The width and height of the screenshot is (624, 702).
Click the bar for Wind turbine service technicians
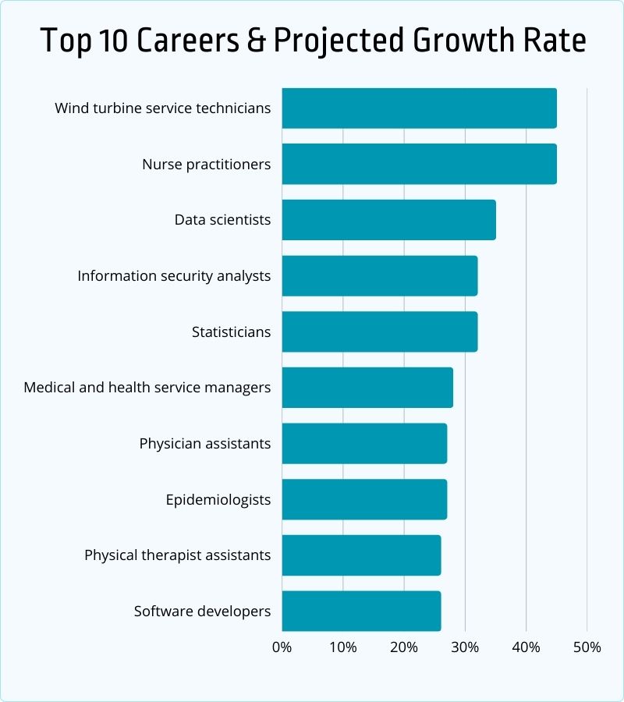click(x=419, y=108)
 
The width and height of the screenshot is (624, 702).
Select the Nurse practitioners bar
click(x=419, y=164)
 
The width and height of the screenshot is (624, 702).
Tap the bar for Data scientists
click(x=388, y=220)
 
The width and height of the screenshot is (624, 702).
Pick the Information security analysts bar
click(x=379, y=275)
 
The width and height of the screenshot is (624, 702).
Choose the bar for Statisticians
click(x=379, y=331)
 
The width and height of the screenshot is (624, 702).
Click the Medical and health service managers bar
click(x=367, y=388)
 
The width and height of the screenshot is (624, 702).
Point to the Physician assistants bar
click(x=364, y=443)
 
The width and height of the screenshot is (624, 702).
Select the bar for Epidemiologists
click(x=364, y=499)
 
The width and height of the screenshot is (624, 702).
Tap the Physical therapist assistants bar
click(x=361, y=555)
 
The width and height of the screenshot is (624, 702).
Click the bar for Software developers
click(x=361, y=611)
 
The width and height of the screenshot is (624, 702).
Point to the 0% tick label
click(x=282, y=647)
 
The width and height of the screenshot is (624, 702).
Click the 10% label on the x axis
click(x=342, y=647)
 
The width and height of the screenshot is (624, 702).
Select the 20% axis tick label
click(x=403, y=647)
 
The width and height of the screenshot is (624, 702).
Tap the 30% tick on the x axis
click(x=465, y=647)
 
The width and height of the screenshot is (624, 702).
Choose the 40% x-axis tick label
click(x=526, y=647)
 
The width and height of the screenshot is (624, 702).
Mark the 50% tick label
click(x=587, y=647)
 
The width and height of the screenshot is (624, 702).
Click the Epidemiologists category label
click(x=218, y=499)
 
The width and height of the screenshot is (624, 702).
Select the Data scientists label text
click(x=222, y=220)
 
